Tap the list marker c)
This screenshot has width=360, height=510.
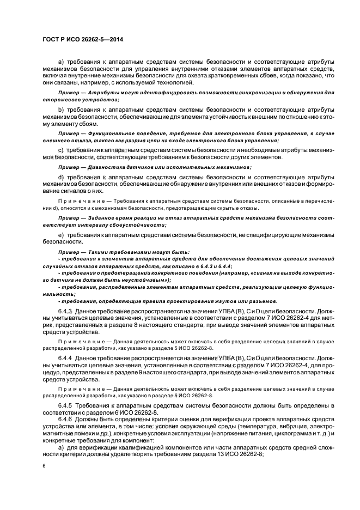point(61,150)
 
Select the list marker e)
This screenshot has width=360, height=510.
point(61,234)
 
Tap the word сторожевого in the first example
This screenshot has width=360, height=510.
point(61,100)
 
